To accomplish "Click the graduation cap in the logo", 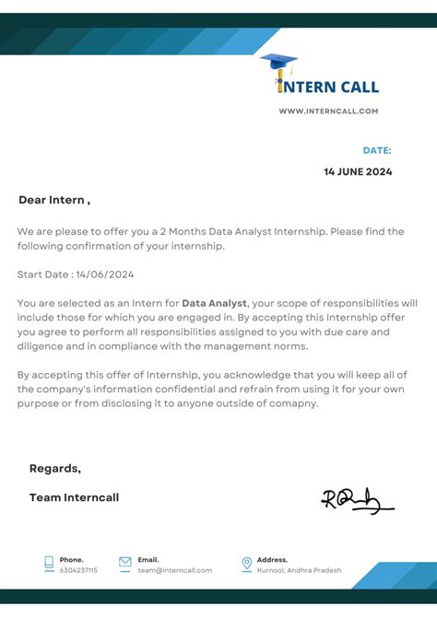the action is click(278, 63).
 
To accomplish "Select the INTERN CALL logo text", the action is click(329, 87).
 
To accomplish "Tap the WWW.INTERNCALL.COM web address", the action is click(329, 111).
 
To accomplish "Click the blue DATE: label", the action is click(376, 150).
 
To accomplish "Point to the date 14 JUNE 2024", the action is click(358, 171).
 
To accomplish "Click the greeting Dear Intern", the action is click(53, 200).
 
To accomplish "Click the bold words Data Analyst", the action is click(214, 302).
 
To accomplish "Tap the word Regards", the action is click(54, 468).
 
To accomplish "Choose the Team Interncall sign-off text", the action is click(74, 497).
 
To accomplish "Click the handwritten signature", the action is click(356, 500).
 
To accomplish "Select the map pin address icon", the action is click(246, 564).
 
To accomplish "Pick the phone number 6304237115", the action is click(78, 570).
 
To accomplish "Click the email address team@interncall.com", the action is click(175, 570).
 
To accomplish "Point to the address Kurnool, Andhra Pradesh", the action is click(300, 570).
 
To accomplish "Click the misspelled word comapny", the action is click(291, 403).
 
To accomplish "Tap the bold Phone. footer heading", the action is click(72, 559).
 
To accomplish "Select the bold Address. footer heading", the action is click(272, 559).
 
